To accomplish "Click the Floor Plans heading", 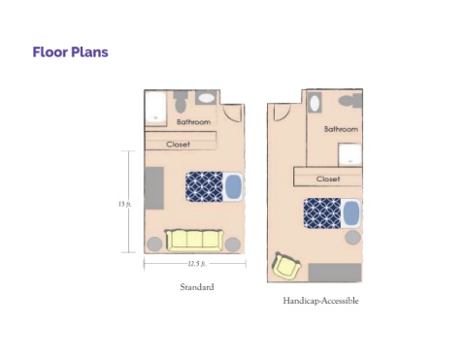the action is pyautogui.click(x=70, y=52).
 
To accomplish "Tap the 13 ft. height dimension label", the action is pyautogui.click(x=124, y=204).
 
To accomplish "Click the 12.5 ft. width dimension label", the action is pyautogui.click(x=196, y=264).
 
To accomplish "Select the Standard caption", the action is pyautogui.click(x=197, y=287).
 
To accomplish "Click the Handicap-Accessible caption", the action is pyautogui.click(x=320, y=301).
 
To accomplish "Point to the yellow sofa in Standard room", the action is pyautogui.click(x=194, y=241).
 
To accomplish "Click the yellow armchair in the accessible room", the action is pyautogui.click(x=286, y=266).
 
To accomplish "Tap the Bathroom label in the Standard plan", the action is pyautogui.click(x=193, y=122).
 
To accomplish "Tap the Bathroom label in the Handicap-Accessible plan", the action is pyautogui.click(x=341, y=129).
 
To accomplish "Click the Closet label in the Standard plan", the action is pyautogui.click(x=178, y=145).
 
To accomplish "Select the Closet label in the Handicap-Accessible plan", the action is pyautogui.click(x=328, y=179).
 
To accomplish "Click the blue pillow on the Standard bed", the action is pyautogui.click(x=233, y=187).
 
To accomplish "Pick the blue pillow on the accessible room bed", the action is pyautogui.click(x=351, y=213).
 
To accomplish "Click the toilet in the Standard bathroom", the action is pyautogui.click(x=180, y=101).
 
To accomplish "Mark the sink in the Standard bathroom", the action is pyautogui.click(x=206, y=98).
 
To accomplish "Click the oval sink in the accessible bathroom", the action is pyautogui.click(x=315, y=103).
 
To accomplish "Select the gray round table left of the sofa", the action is pyautogui.click(x=154, y=245).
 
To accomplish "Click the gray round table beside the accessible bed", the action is pyautogui.click(x=352, y=238).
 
